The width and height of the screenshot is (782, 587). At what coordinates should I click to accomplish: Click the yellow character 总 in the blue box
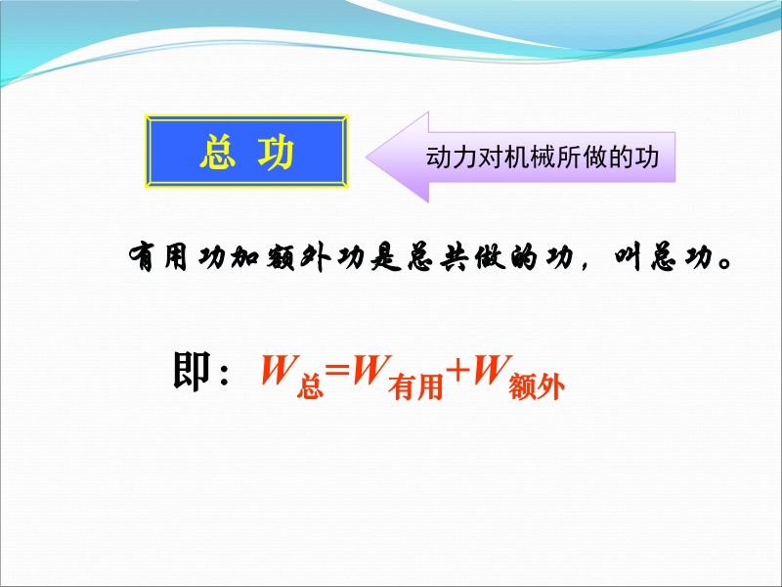[217, 153]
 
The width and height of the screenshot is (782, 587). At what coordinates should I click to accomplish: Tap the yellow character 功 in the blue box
[276, 153]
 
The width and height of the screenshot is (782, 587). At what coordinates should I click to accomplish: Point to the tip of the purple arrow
[367, 157]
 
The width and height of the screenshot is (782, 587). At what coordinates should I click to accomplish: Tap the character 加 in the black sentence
[245, 257]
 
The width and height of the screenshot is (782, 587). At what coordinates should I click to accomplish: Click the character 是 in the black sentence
[386, 257]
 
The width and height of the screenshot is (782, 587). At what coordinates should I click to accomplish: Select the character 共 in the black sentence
[455, 257]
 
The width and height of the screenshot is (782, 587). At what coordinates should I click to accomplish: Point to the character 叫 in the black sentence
[628, 257]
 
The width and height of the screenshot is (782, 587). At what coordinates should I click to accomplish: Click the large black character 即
[192, 371]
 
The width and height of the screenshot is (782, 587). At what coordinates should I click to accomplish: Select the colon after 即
[224, 374]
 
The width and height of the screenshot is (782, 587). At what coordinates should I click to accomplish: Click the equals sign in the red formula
[337, 370]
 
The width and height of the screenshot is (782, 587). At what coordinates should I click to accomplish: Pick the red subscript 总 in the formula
[310, 387]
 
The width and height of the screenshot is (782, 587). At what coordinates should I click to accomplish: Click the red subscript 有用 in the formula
[416, 387]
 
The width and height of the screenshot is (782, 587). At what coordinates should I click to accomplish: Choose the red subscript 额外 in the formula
[537, 387]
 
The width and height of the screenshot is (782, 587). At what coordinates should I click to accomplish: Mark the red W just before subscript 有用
[370, 370]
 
